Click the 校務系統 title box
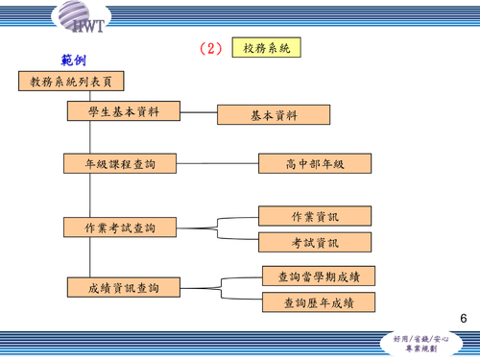pos(267,47)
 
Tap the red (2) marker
pos(211,48)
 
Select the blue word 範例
pos(73,61)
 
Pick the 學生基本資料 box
pos(124,111)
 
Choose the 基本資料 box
pos(274,115)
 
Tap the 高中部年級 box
pos(314,164)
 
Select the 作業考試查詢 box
pos(121,228)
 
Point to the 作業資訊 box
pos(314,216)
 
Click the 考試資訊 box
pos(314,243)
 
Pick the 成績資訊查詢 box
pos(124,287)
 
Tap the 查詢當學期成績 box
pos(319,276)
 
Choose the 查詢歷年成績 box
pos(319,303)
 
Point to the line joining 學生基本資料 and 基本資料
pos(200,113)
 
